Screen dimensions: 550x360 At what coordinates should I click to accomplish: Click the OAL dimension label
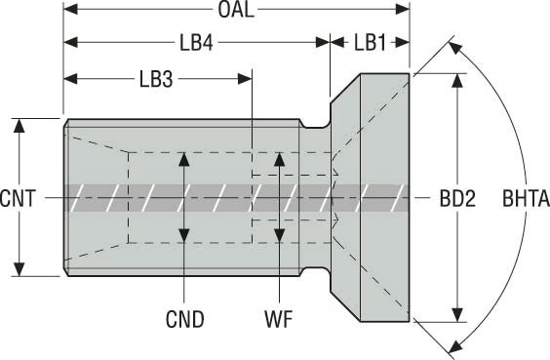235,10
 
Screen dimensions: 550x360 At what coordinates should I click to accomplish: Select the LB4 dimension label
196,43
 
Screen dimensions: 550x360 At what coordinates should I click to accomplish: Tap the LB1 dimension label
370,43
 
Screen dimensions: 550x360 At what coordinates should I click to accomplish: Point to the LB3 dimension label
156,79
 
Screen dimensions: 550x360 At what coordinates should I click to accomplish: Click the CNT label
18,198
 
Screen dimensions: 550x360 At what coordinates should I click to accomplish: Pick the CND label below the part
184,319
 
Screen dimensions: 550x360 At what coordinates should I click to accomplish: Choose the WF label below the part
279,319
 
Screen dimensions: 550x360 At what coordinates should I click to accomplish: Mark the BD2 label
457,198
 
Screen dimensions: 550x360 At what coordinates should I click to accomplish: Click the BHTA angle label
527,198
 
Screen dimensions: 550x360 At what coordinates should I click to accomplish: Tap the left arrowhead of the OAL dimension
70,10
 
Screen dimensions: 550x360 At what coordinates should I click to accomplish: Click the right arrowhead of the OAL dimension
403,10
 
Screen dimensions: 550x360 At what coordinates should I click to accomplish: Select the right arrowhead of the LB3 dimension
245,79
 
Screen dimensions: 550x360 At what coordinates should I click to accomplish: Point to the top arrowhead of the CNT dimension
19,126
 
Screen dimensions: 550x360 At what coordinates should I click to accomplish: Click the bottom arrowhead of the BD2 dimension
457,315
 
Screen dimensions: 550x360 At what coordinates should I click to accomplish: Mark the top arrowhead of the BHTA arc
455,48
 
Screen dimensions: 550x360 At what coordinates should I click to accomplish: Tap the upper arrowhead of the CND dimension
184,159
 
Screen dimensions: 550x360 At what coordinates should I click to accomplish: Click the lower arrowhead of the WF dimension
279,235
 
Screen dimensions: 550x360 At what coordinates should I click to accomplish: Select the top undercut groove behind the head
315,124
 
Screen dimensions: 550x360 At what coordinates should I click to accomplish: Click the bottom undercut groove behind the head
315,271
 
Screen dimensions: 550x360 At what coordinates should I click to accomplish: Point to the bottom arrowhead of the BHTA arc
455,346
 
